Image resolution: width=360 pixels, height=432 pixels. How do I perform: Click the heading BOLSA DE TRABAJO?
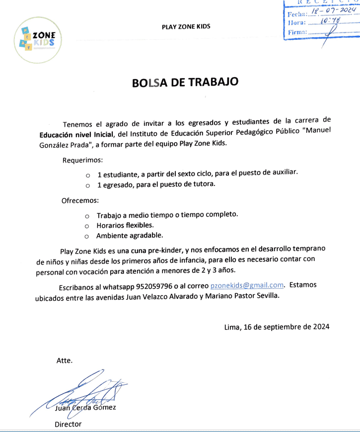coord(185,83)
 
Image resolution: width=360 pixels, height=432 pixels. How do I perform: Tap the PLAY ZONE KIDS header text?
coord(186,26)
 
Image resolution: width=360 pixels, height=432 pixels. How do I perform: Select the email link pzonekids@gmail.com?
coord(247,285)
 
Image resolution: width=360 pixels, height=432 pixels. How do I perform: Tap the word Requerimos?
coord(82,161)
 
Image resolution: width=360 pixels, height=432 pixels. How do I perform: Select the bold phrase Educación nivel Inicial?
coord(77,134)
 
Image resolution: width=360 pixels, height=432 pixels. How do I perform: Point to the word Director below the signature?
coord(68,424)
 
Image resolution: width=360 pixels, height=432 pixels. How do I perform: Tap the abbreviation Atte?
coord(65,360)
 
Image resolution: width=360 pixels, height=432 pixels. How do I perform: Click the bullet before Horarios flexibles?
coord(87,226)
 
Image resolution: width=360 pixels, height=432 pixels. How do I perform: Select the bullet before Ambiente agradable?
coord(87,236)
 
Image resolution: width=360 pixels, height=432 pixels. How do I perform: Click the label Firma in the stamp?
coord(297,33)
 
